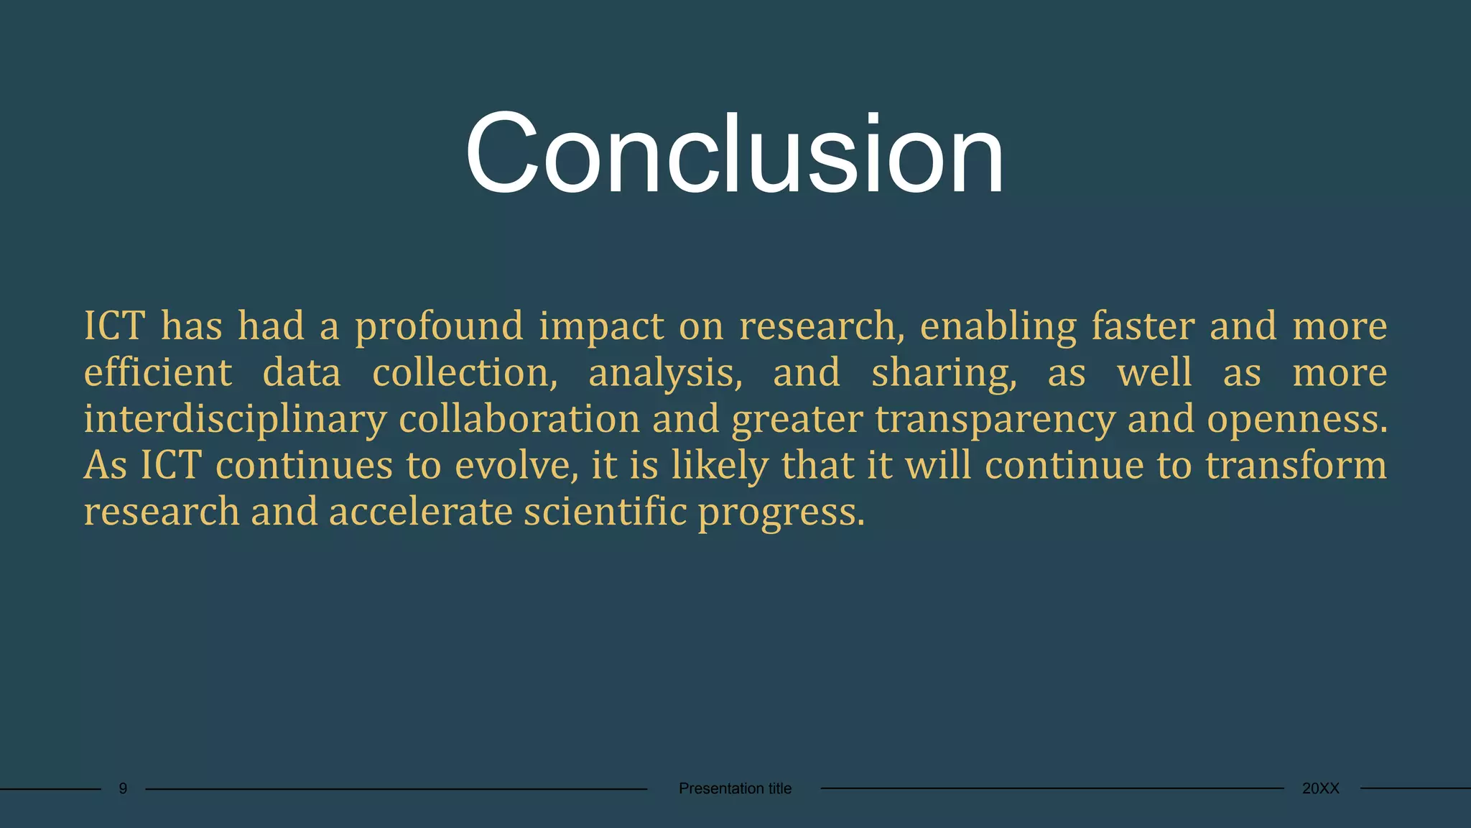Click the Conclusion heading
tap(734, 154)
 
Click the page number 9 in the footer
tap(123, 788)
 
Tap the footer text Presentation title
tap(735, 788)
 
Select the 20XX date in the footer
tap(1320, 788)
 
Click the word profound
tap(439, 327)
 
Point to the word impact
tap(601, 327)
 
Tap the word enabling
tap(998, 327)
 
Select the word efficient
tap(158, 372)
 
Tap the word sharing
tap(944, 374)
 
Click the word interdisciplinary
tap(235, 420)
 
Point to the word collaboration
tap(519, 419)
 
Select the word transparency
tap(995, 420)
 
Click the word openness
tap(1296, 420)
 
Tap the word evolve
tap(516, 466)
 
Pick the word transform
tap(1296, 465)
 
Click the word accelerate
tap(420, 512)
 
